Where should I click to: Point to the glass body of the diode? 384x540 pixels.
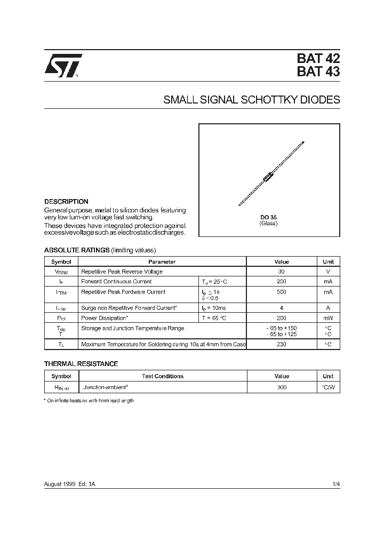269,177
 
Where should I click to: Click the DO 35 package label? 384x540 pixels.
268,217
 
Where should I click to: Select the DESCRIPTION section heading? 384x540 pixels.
66,202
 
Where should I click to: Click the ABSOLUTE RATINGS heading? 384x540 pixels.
76,250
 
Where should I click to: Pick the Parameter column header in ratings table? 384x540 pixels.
162,261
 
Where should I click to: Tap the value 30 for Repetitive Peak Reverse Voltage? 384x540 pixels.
281,272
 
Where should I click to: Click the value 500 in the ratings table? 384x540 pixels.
281,292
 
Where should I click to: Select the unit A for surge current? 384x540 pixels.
328,308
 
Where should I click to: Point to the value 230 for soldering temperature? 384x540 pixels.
281,344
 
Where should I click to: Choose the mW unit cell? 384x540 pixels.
328,318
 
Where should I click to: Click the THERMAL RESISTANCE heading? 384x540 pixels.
81,364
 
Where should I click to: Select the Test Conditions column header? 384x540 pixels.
162,376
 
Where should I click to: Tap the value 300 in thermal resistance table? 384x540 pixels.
281,387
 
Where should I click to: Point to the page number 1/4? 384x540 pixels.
335,483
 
